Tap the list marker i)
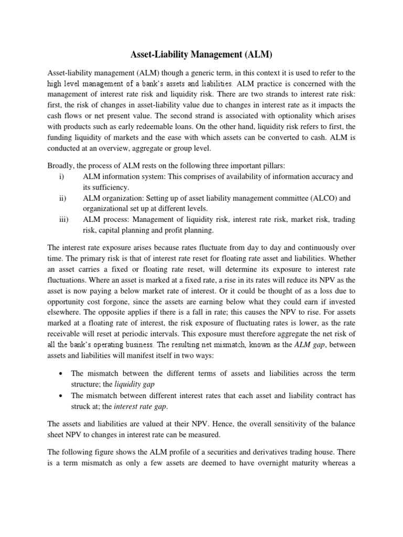coord(61,177)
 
